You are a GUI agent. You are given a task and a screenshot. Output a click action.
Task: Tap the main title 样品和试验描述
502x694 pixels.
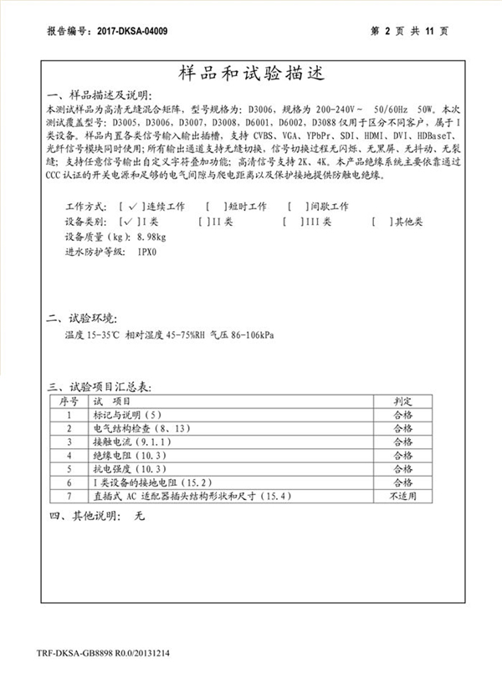click(x=250, y=73)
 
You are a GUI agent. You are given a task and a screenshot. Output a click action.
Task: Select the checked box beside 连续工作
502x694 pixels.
click(x=131, y=207)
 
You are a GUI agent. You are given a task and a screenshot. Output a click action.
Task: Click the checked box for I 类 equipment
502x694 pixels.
click(x=131, y=222)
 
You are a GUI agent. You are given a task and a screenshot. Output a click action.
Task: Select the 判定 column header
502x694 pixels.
click(x=402, y=401)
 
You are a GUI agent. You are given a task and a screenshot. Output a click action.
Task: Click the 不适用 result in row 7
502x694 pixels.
click(x=402, y=496)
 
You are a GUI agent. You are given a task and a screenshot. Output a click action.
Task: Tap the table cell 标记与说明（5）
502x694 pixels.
click(x=125, y=414)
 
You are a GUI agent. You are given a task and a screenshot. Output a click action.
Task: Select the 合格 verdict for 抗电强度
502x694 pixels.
click(x=402, y=468)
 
